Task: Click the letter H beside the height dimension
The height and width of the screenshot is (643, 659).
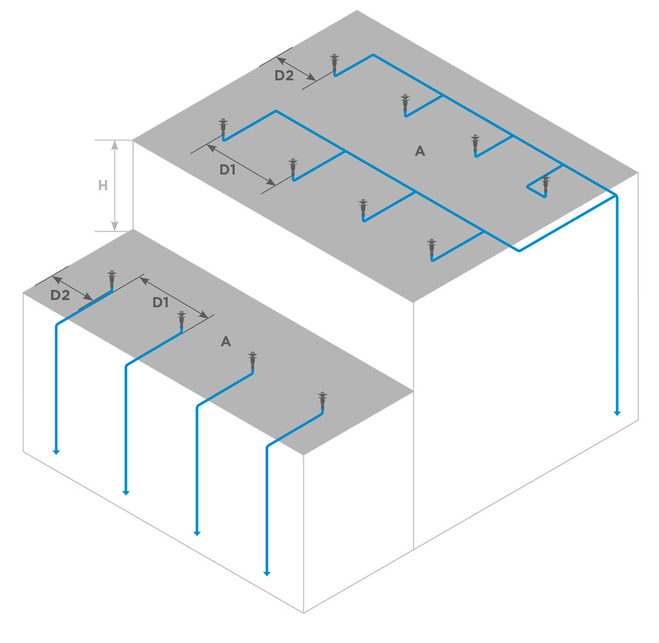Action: tap(103, 185)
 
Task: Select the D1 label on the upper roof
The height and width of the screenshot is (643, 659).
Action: tap(228, 170)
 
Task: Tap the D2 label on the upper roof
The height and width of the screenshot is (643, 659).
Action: tap(283, 76)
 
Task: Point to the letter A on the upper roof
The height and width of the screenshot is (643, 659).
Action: tap(420, 151)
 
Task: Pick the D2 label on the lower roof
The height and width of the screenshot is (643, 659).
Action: tap(60, 295)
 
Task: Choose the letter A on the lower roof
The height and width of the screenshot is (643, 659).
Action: tap(225, 342)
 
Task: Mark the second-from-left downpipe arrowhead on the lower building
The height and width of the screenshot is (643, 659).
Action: tap(126, 492)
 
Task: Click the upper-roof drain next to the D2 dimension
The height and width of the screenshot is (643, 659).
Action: tap(334, 63)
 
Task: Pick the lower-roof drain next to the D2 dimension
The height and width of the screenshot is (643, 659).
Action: tap(112, 280)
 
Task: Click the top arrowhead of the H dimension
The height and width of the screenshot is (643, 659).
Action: tap(115, 144)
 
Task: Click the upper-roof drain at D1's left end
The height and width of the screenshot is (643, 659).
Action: tap(223, 128)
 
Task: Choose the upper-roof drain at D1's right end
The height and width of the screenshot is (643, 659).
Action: tap(292, 169)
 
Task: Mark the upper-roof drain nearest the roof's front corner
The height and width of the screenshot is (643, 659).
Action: tap(432, 249)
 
